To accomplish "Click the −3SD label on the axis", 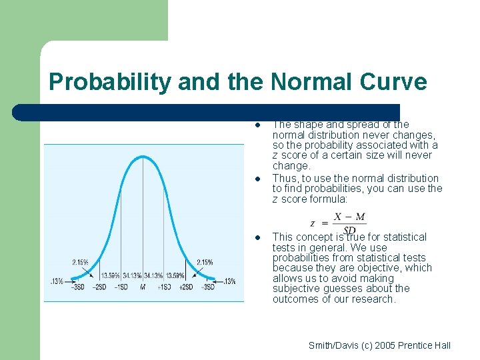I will pyautogui.click(x=78, y=287).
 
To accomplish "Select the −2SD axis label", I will pyautogui.click(x=99, y=287).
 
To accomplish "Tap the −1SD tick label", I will pyautogui.click(x=121, y=287).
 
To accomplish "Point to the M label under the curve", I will pyautogui.click(x=143, y=287).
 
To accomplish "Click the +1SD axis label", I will pyautogui.click(x=164, y=287).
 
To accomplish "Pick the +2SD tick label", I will pyautogui.click(x=185, y=287).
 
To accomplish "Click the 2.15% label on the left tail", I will pyautogui.click(x=81, y=262).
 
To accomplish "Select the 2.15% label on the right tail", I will pyautogui.click(x=205, y=262).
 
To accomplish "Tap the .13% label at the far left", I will pyautogui.click(x=56, y=281).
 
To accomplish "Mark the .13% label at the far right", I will pyautogui.click(x=228, y=281).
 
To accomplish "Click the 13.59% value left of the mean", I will pyautogui.click(x=111, y=275).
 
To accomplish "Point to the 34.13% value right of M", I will pyautogui.click(x=153, y=275).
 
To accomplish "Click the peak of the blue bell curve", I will pyautogui.click(x=143, y=157).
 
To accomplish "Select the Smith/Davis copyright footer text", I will pyautogui.click(x=379, y=345).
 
